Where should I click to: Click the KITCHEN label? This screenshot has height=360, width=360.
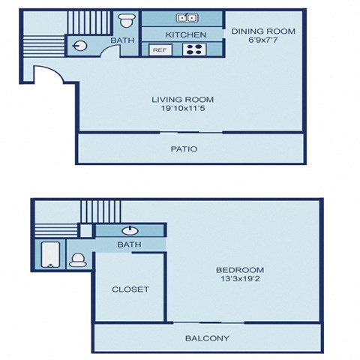(x=186, y=34)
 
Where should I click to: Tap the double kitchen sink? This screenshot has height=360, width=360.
(x=187, y=18)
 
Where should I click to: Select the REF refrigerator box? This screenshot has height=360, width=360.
(x=160, y=49)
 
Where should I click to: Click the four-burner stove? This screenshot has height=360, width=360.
(x=194, y=49)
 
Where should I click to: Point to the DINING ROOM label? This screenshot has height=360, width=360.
(x=263, y=31)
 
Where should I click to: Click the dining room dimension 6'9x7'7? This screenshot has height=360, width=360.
(x=263, y=40)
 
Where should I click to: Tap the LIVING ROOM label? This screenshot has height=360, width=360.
(x=183, y=100)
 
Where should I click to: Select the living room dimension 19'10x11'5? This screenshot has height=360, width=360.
(x=183, y=108)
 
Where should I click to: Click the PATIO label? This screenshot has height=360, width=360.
(x=184, y=149)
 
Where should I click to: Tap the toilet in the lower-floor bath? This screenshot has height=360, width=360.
(x=127, y=20)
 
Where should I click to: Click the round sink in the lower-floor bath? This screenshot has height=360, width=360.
(x=79, y=46)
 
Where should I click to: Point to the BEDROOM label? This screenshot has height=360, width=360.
(x=240, y=270)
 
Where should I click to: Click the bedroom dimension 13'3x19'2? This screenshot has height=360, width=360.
(x=240, y=278)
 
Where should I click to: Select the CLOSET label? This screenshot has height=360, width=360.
(x=130, y=289)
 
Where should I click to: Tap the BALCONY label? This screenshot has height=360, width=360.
(x=207, y=338)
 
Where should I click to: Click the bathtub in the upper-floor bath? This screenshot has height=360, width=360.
(x=51, y=254)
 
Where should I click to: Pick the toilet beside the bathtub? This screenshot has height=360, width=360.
(x=78, y=260)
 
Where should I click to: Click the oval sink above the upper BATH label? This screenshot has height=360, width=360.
(x=130, y=230)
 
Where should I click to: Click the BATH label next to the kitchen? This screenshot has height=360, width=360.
(x=122, y=40)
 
